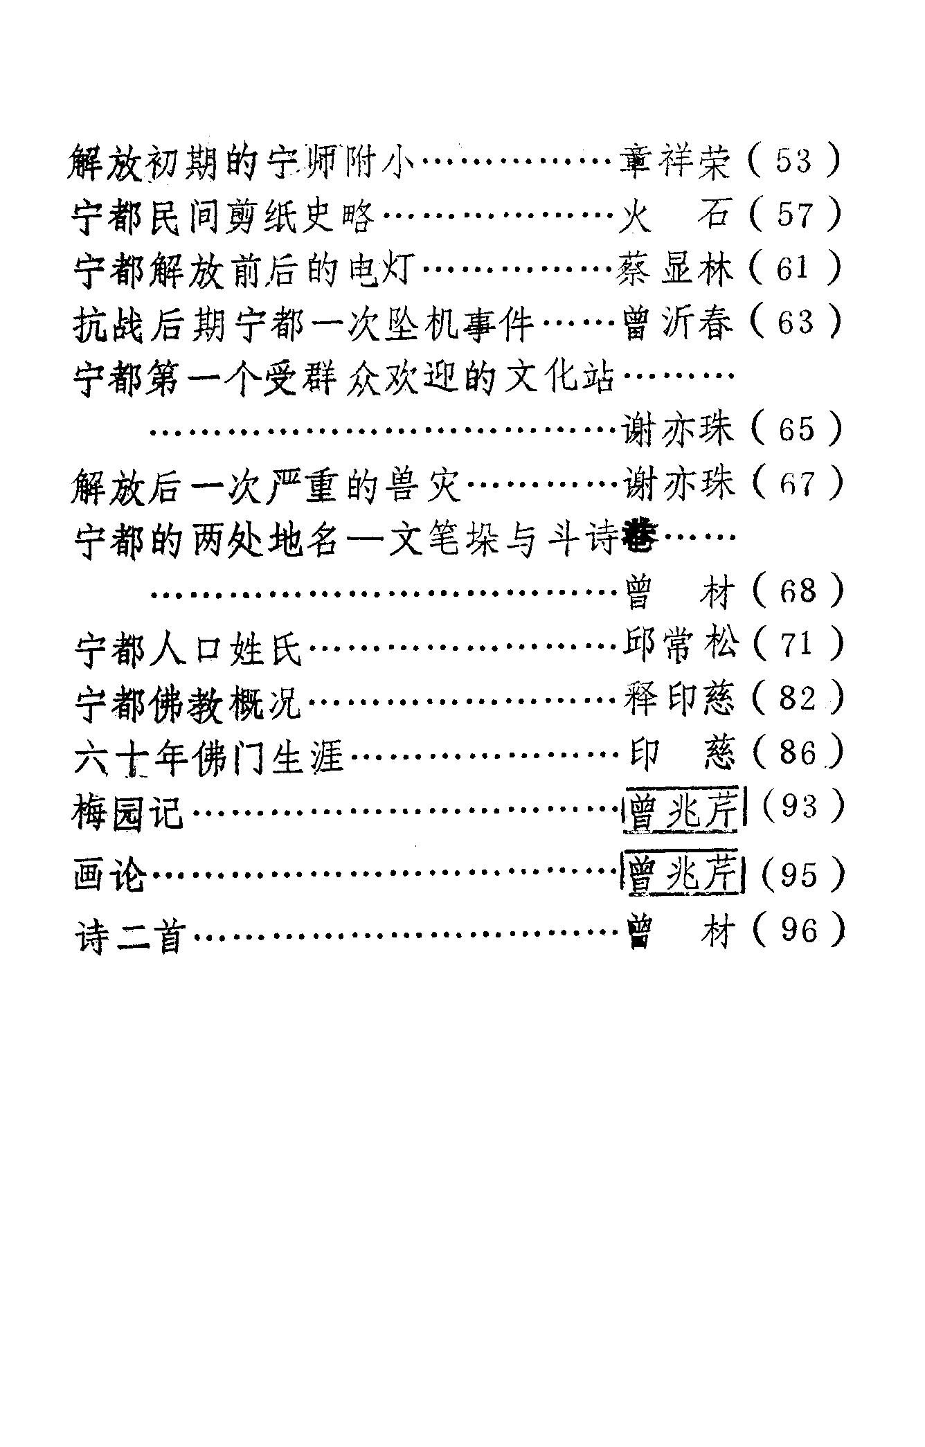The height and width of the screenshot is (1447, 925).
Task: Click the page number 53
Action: click(x=793, y=162)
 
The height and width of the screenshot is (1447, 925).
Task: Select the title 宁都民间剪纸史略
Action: click(x=223, y=217)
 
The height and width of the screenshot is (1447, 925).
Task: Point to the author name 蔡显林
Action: click(x=675, y=270)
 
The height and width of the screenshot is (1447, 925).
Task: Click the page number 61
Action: click(x=793, y=269)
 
